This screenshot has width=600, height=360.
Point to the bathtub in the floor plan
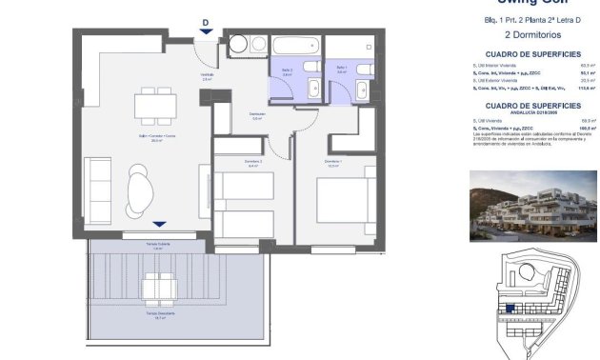[296, 45]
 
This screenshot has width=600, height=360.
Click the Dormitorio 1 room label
[332, 162]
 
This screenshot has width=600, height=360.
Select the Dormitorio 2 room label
[226, 162]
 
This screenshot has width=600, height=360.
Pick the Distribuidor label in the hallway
[257, 115]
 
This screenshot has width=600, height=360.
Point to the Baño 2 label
[286, 70]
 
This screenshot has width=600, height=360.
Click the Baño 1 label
[341, 68]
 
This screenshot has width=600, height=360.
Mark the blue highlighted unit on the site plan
[510, 310]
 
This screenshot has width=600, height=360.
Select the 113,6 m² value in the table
[572, 88]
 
